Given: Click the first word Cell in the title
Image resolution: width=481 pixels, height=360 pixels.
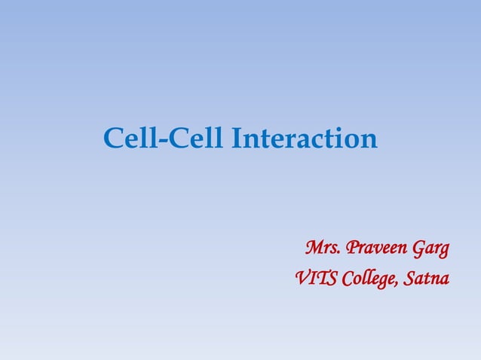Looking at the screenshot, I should (128, 139).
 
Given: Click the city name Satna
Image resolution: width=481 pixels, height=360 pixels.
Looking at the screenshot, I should (427, 280).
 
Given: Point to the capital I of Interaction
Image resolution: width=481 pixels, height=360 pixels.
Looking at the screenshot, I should (237, 139).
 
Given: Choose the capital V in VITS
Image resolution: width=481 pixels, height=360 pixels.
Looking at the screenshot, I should (300, 280).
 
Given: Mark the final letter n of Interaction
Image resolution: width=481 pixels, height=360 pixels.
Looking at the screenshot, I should (368, 142).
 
